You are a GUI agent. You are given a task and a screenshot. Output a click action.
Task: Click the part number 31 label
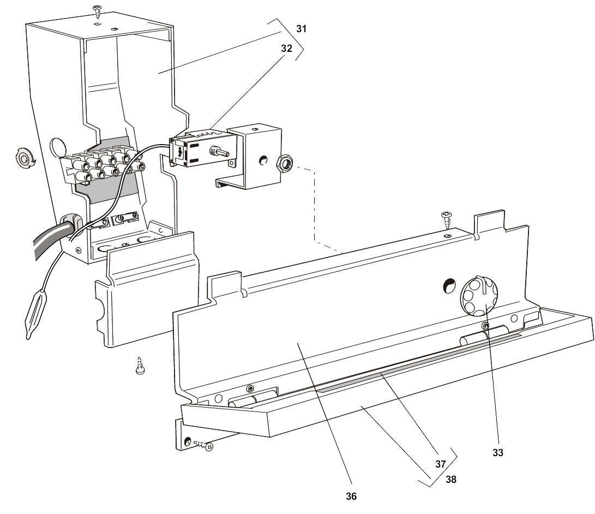point(301,29)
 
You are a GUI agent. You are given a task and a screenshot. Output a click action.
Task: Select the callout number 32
point(286,48)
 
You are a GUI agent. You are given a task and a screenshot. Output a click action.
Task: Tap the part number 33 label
point(498,452)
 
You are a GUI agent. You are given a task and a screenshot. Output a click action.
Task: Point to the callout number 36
point(351,496)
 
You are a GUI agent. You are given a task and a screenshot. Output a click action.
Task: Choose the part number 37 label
point(440,464)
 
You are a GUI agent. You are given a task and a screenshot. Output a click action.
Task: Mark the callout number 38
point(451,480)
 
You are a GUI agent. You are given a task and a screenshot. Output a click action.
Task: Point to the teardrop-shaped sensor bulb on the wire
point(37,313)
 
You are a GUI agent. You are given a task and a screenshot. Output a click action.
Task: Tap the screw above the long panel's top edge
point(447,220)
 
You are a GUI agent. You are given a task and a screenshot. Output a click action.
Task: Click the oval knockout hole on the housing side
point(57,147)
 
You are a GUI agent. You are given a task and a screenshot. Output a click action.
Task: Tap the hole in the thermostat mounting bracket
point(263,160)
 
